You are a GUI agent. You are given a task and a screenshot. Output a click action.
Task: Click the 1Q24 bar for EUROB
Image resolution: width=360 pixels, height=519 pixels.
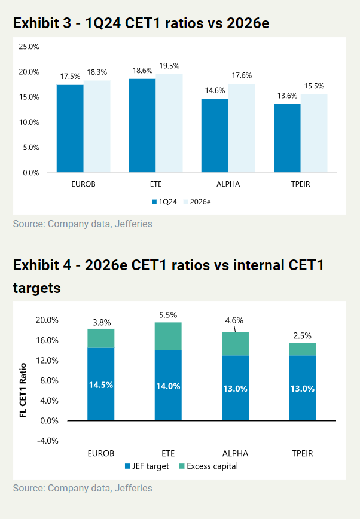point(70,129)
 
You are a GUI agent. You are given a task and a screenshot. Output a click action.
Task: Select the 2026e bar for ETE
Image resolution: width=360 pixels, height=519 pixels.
point(169,123)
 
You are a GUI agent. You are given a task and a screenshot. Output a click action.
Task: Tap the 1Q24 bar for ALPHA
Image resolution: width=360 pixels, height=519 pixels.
point(214,136)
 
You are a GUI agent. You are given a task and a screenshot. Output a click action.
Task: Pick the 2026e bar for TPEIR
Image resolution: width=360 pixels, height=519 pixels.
point(314,133)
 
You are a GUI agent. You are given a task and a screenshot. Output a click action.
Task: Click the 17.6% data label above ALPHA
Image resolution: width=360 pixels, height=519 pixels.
point(242,75)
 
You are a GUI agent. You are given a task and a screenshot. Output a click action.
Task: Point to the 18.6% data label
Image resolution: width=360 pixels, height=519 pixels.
point(142,71)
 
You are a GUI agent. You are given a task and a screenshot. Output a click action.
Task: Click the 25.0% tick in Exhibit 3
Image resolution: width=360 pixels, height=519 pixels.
point(29,47)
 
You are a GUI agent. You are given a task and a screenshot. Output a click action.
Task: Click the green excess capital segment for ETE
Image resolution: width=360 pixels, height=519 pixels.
point(168,336)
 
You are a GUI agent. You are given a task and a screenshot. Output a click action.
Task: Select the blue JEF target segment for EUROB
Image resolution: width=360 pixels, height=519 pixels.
point(100,384)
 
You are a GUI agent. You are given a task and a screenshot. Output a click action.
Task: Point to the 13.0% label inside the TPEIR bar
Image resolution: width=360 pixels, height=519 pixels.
point(303,389)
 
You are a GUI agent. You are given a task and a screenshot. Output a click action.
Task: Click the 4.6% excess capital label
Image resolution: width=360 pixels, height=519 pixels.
point(234,320)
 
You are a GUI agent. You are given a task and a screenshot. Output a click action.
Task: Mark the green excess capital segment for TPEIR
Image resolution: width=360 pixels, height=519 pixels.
point(303,349)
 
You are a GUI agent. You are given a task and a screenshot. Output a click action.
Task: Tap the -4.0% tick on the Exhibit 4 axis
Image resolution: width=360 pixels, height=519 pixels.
point(47,441)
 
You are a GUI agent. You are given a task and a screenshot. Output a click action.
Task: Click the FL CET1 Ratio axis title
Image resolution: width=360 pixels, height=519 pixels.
point(23,389)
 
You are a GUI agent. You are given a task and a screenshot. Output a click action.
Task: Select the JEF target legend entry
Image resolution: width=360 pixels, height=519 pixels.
point(147,466)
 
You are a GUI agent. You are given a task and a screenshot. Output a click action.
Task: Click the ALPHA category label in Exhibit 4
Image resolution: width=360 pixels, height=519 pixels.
point(235,453)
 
